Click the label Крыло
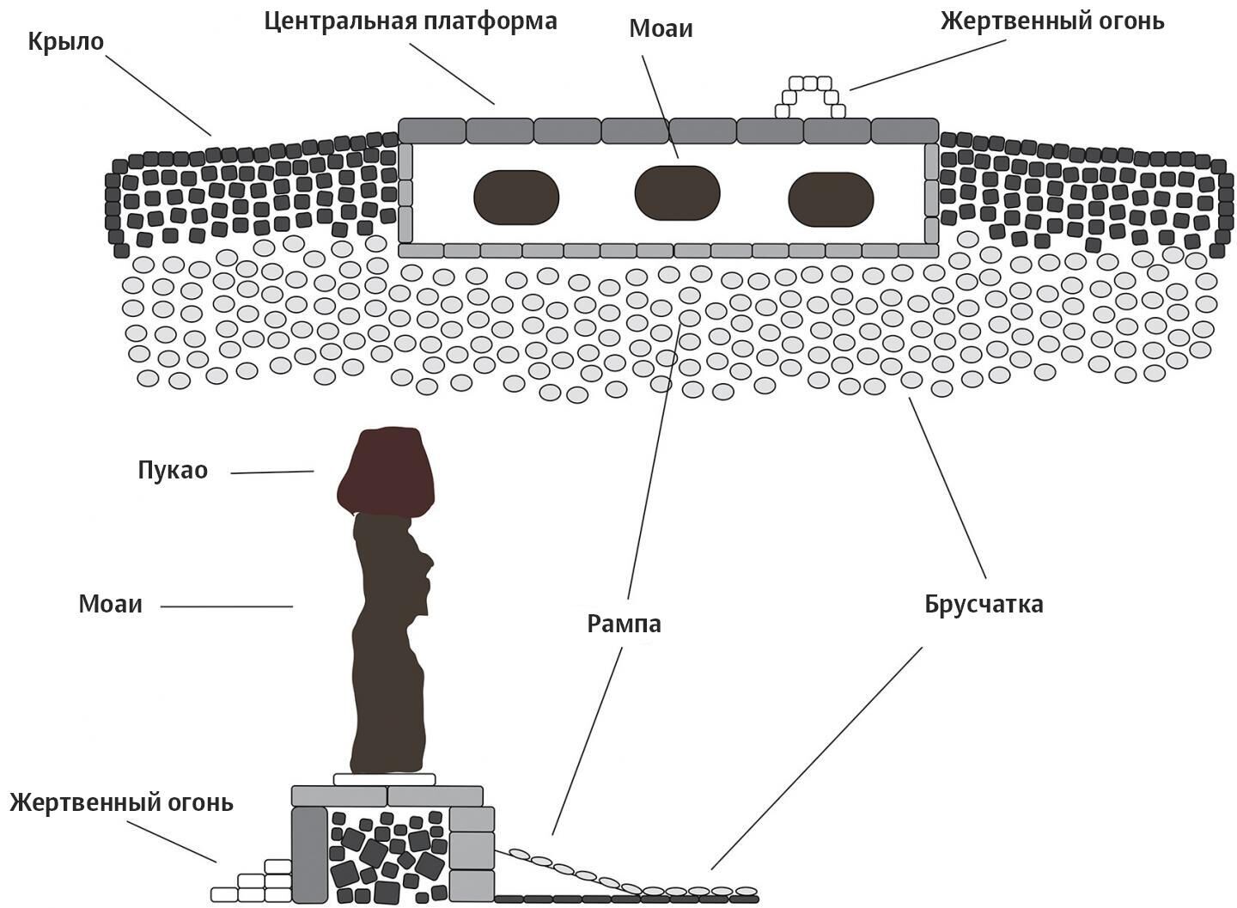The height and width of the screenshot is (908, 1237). [65, 41]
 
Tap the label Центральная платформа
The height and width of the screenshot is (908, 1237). [410, 21]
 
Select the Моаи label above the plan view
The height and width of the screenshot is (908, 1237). [661, 29]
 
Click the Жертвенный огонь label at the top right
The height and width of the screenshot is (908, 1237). [1052, 21]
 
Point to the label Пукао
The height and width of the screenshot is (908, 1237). [173, 471]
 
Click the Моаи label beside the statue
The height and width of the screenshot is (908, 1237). [110, 604]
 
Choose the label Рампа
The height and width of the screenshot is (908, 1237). [624, 624]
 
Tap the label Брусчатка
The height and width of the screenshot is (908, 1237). [984, 605]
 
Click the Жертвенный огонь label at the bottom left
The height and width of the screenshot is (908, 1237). [121, 803]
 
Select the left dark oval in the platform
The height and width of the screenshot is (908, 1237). [516, 198]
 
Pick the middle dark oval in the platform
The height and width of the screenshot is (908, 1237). [677, 192]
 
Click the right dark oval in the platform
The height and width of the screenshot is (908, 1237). [831, 200]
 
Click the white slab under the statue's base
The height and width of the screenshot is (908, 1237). [383, 779]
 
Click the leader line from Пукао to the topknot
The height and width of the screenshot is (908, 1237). [272, 472]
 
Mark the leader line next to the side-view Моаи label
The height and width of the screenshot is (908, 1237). [227, 606]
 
